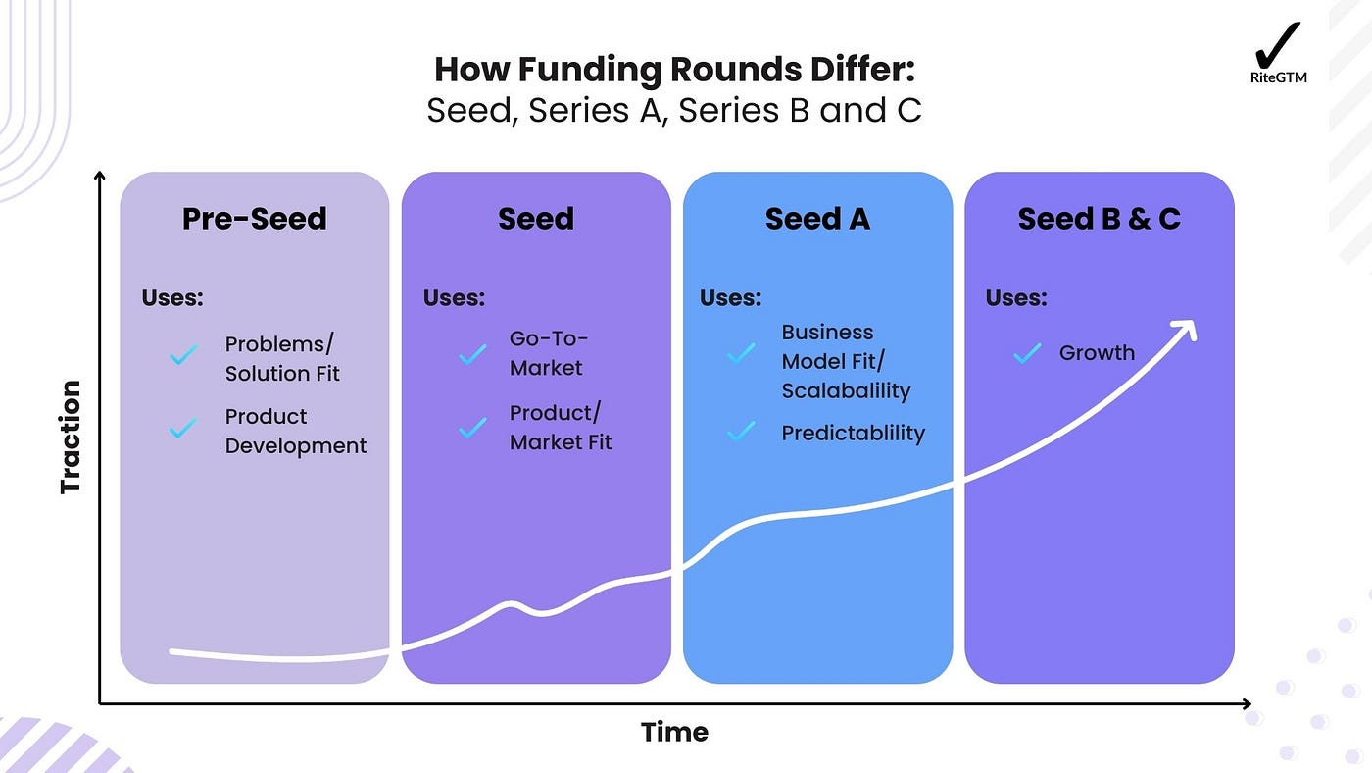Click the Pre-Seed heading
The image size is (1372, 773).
tap(254, 219)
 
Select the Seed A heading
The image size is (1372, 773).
tap(817, 219)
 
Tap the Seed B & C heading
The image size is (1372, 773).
tap(1099, 219)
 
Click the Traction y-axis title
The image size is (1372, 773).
tap(71, 437)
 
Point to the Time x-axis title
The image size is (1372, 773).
tap(674, 732)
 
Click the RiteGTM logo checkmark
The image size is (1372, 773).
tap(1278, 44)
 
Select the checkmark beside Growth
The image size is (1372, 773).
tap(1027, 353)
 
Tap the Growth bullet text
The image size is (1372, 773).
tap(1097, 353)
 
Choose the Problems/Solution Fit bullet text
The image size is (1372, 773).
tap(282, 359)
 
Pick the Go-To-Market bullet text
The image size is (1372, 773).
tap(547, 353)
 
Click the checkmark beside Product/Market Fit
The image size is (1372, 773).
tap(472, 427)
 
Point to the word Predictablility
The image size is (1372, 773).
tap(853, 433)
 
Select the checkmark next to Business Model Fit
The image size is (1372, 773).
tap(741, 353)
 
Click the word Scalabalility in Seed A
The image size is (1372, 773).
tap(846, 390)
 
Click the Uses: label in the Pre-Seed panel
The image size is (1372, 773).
tap(172, 297)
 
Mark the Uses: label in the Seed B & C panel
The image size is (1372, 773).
tap(1016, 297)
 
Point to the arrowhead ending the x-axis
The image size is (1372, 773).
tap(1246, 703)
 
